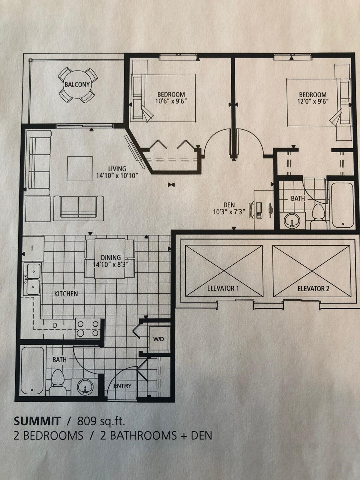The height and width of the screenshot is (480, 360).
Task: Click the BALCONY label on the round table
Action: tap(77, 84)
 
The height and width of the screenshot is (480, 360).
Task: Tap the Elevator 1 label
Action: tap(223, 288)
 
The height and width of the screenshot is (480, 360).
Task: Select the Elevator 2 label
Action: tap(313, 289)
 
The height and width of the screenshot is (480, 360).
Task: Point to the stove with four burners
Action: tap(88, 329)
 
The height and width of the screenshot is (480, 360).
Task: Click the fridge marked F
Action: tap(33, 248)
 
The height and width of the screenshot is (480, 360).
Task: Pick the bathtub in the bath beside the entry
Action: tap(33, 371)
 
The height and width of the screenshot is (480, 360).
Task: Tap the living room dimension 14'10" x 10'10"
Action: tap(117, 175)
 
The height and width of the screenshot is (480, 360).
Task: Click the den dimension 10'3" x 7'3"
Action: tap(229, 212)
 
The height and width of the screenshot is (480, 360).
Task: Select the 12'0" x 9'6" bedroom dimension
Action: tap(313, 101)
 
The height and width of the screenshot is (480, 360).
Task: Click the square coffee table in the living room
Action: tap(79, 169)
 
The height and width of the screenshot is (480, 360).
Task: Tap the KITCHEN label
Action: tap(66, 294)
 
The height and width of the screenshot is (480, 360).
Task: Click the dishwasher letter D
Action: tap(55, 325)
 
